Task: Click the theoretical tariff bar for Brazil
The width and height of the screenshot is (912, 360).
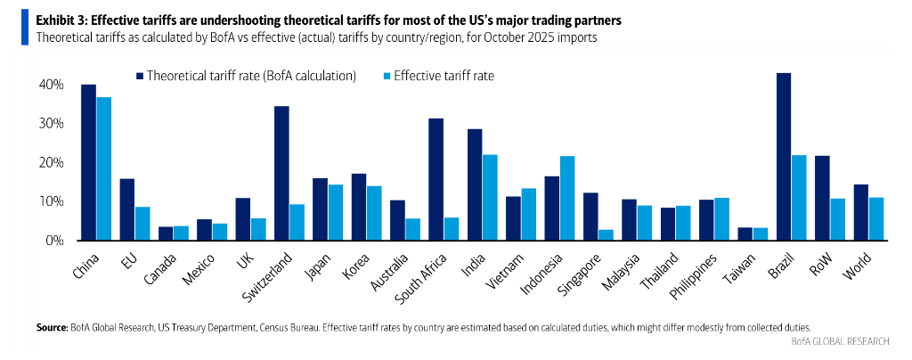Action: (784, 157)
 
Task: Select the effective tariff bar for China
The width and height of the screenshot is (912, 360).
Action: (104, 168)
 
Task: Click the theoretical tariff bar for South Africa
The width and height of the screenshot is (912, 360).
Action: (436, 179)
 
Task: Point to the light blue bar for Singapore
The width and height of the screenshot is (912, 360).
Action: (605, 235)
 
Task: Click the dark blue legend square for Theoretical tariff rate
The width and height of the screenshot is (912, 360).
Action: (140, 77)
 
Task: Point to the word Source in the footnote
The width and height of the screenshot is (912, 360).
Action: (51, 328)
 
